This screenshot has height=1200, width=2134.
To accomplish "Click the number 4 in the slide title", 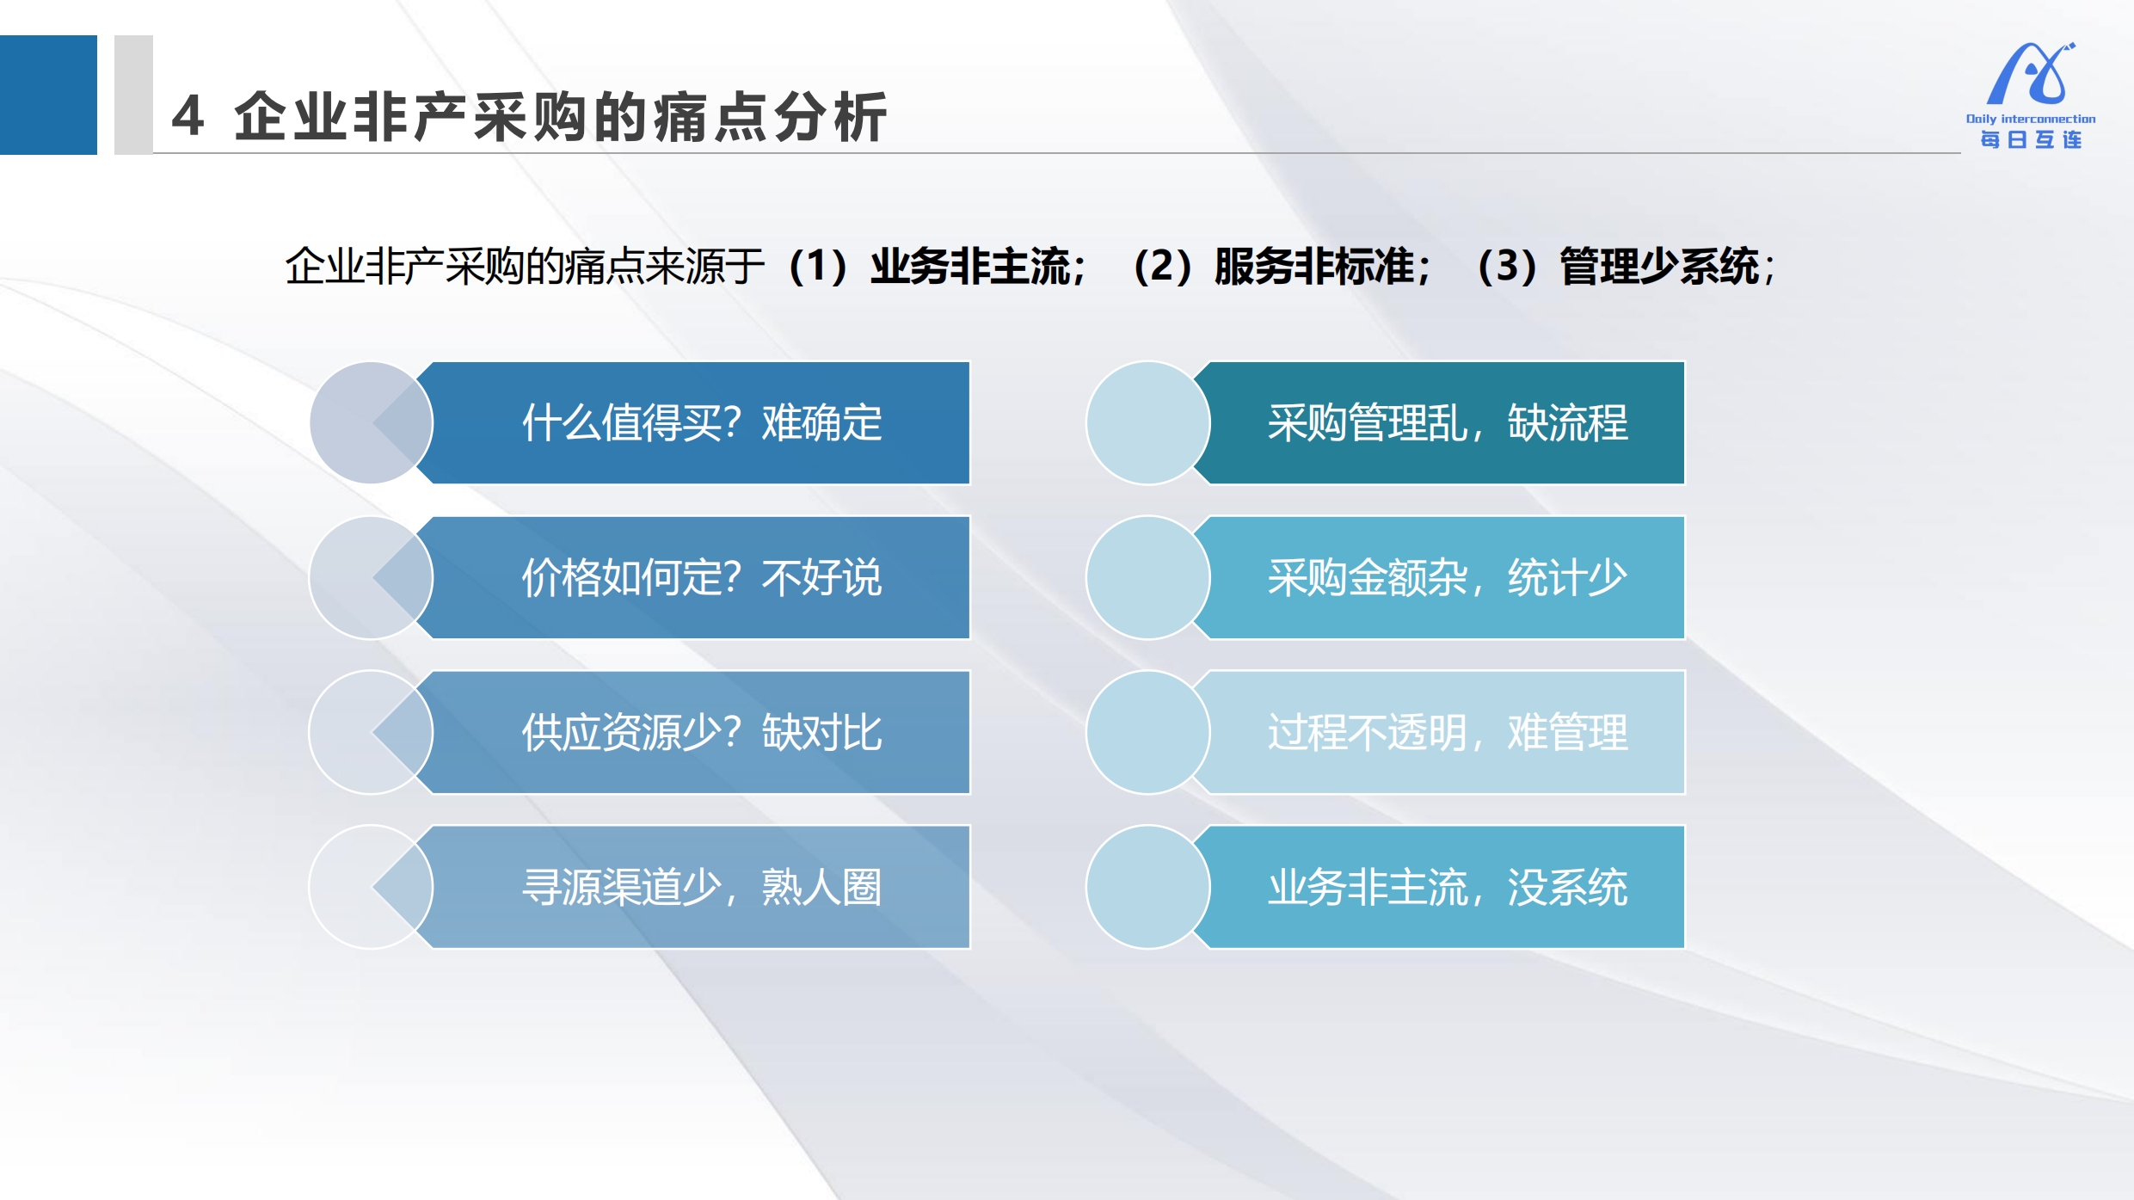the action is [x=188, y=116].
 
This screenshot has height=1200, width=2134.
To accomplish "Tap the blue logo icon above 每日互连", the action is [x=2031, y=74].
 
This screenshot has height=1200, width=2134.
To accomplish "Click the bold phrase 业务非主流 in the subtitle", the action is [x=970, y=266].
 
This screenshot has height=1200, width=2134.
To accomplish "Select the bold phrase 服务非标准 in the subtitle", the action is [x=1314, y=266].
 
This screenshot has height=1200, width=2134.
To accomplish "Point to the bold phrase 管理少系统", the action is [x=1659, y=266].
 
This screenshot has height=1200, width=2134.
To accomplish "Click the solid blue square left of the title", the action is [x=48, y=95].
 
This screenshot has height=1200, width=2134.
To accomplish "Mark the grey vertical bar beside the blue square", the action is [x=133, y=95].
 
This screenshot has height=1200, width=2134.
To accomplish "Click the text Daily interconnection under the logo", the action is [x=2031, y=119].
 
